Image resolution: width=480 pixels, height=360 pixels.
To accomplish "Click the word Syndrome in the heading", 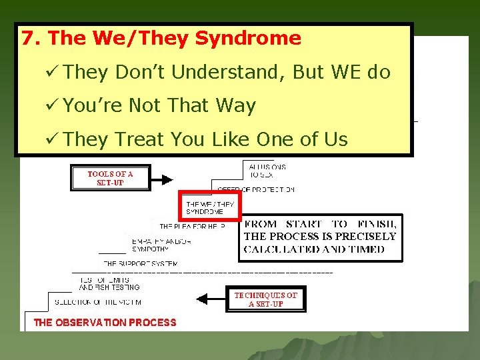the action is point(248,39).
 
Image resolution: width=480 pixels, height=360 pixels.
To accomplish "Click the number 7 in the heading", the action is point(27,39).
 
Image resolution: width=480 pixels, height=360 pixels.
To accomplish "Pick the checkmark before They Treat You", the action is point(55,139).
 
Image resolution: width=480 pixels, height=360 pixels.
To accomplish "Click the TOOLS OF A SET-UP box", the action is point(110,178).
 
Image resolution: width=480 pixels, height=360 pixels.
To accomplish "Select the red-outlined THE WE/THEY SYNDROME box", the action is point(209,205).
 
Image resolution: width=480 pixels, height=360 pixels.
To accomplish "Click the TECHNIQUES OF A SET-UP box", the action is point(265,299).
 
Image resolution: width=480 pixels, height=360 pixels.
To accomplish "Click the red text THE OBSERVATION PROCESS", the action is point(105,323).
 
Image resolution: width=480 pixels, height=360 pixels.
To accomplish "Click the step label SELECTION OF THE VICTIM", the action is point(97,302).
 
